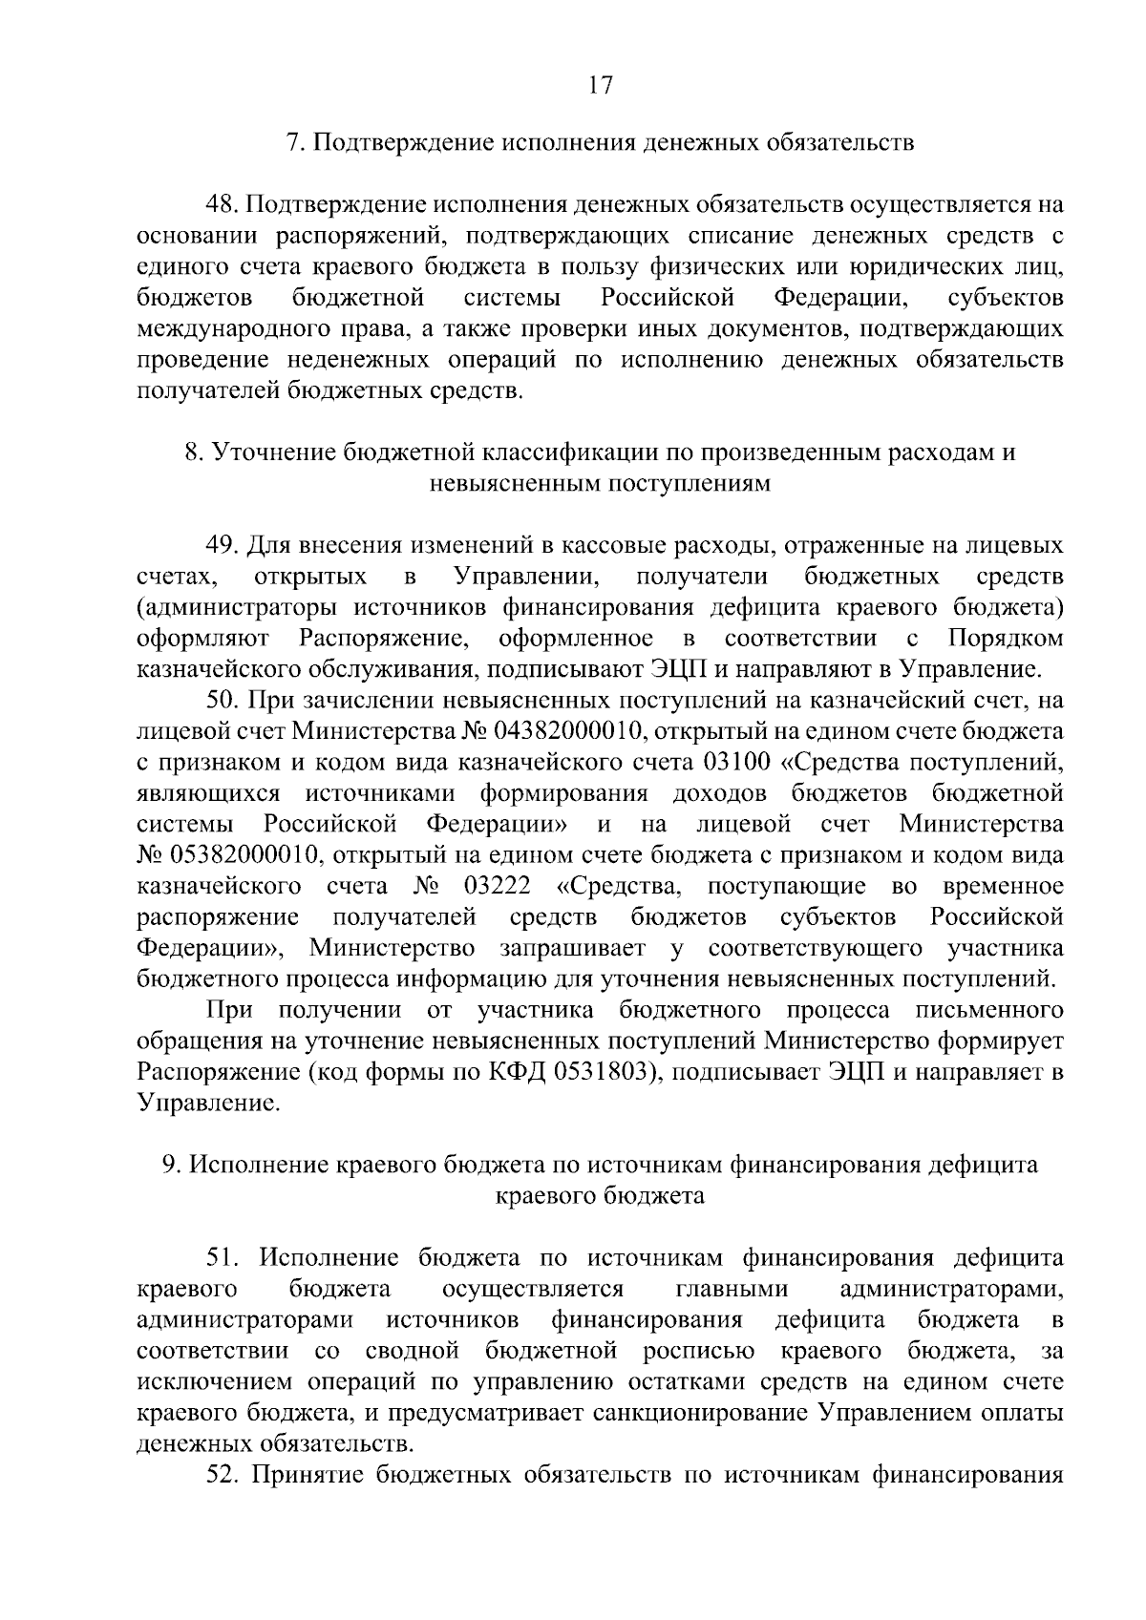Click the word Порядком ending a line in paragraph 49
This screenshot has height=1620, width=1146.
pos(1007,638)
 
